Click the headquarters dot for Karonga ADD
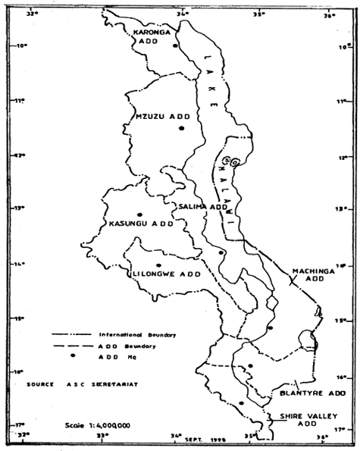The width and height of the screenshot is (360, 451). [175, 46]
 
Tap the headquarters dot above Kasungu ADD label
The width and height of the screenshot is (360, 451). [139, 215]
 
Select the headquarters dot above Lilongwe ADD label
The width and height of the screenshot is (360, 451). [158, 265]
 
